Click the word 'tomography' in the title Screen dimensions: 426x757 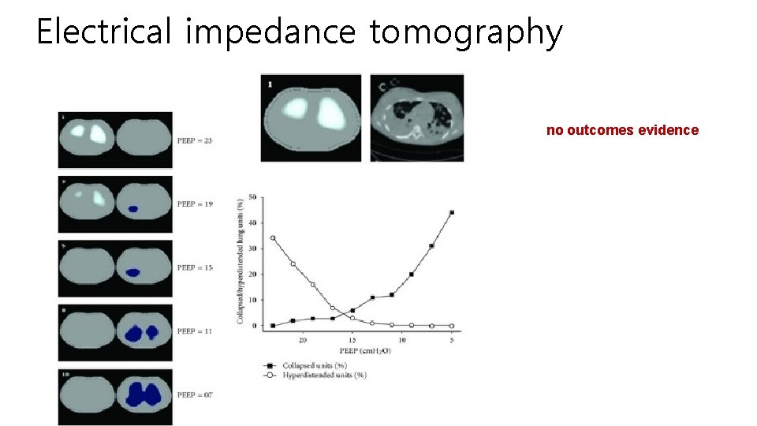point(466,33)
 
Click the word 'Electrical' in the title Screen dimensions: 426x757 point(103,32)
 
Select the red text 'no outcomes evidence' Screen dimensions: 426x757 point(622,130)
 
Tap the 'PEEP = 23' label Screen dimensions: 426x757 point(195,140)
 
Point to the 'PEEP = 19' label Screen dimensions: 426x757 point(195,204)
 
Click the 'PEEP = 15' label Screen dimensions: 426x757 point(195,267)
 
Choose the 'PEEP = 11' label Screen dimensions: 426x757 point(195,331)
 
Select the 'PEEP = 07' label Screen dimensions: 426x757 point(195,394)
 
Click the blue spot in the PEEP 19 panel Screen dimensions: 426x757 point(132,209)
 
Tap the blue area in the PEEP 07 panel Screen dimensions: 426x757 point(143,394)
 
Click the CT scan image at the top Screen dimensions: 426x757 point(417,118)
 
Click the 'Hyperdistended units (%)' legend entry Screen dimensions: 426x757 point(319,375)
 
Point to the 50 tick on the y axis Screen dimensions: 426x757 point(252,196)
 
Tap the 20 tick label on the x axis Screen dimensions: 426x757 point(303,340)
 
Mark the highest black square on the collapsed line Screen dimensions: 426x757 point(452,212)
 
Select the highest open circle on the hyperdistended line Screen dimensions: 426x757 point(273,237)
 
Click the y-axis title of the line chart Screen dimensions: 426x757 point(240,261)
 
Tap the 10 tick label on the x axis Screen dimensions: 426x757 point(402,340)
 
